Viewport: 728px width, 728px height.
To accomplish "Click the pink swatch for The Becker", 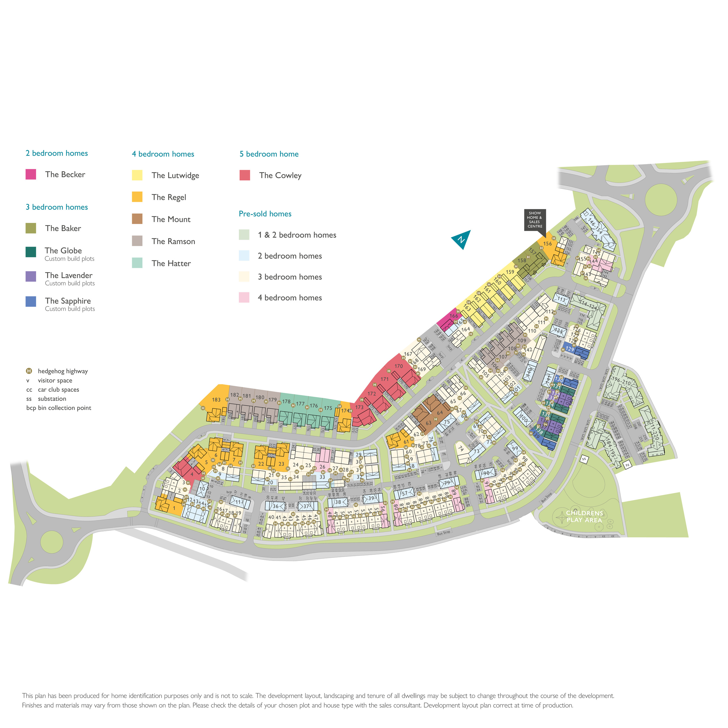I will (31, 174).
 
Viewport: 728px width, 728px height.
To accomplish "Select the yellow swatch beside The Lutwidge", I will (137, 175).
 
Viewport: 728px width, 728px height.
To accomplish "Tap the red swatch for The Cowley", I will (244, 175).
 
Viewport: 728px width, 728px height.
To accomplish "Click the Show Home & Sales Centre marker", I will (535, 220).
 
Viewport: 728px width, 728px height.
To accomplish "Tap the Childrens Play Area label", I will (584, 517).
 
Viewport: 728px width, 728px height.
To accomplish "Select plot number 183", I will (216, 400).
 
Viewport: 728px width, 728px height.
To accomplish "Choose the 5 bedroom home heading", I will (269, 154).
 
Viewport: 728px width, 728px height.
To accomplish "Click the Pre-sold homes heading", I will (265, 214).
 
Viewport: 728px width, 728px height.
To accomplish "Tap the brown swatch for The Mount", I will (137, 219).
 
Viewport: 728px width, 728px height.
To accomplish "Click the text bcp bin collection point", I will (59, 408).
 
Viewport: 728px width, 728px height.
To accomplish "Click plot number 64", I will (440, 413).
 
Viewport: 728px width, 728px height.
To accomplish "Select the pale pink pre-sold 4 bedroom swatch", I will (244, 298).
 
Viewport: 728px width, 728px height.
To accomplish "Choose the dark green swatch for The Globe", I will (31, 252).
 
